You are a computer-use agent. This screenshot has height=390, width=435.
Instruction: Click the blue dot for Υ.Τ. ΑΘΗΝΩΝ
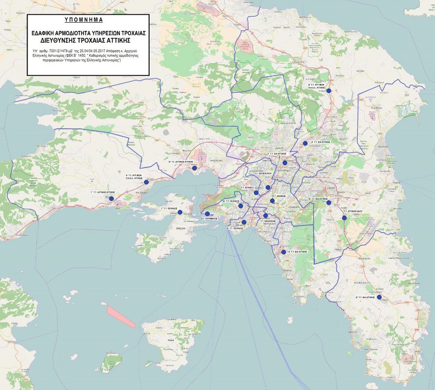point(272,200)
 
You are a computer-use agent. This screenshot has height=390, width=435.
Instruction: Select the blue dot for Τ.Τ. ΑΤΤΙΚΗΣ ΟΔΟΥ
point(344,218)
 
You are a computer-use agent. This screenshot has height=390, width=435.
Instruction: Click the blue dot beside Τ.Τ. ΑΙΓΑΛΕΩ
point(256,193)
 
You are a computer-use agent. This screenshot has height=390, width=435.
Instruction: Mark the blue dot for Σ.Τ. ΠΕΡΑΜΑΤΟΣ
point(208,214)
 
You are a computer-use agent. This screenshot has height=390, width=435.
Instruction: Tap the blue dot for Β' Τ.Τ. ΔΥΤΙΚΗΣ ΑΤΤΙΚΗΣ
point(194,168)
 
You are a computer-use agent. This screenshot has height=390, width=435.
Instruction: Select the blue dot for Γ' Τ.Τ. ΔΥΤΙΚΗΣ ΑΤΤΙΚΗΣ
point(111,198)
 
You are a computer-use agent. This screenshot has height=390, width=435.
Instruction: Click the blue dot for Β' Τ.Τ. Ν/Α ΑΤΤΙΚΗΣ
point(379,297)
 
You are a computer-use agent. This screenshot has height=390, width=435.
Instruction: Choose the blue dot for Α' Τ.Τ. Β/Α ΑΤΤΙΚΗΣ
point(305,143)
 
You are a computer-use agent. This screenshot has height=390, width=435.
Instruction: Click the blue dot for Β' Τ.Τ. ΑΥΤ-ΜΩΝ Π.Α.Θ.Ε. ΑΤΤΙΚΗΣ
point(329,91)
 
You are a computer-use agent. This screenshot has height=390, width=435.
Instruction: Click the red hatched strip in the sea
point(121,316)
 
